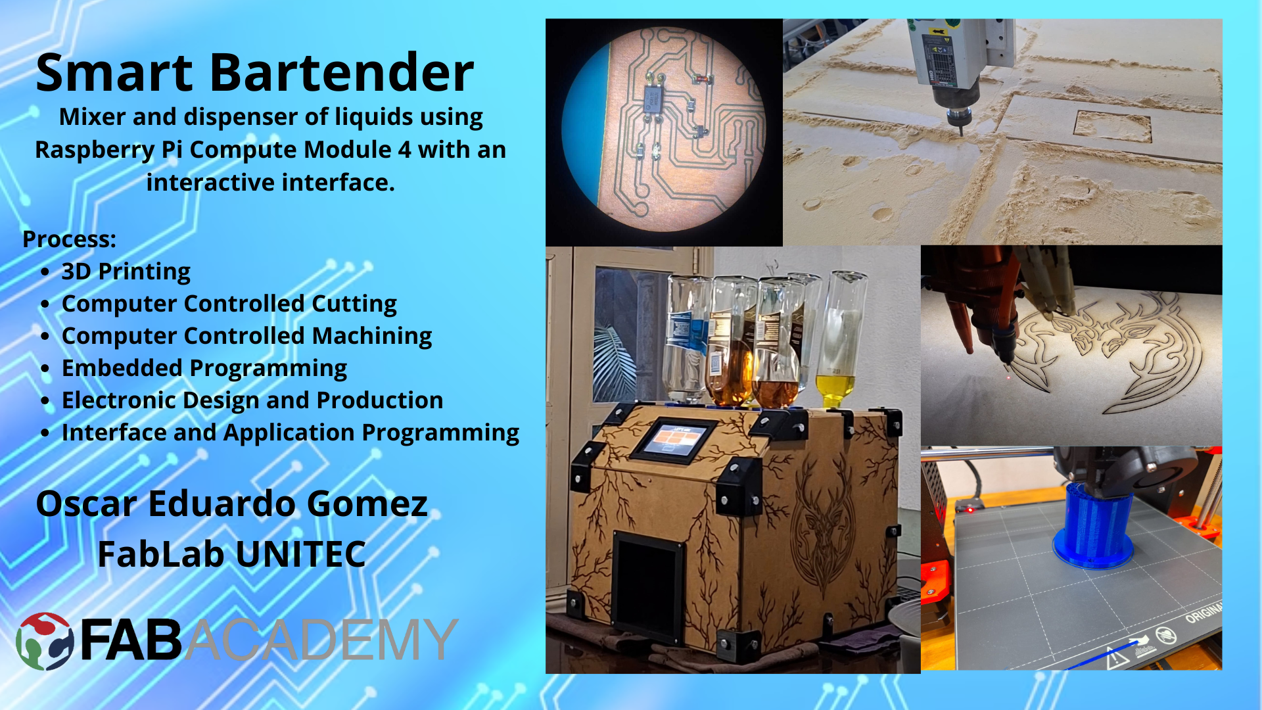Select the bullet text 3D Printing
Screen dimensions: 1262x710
pyautogui.click(x=126, y=272)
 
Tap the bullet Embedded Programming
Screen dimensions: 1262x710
pyautogui.click(x=204, y=368)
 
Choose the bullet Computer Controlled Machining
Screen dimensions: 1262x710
pyautogui.click(x=246, y=336)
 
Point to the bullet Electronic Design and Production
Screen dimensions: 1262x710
pyautogui.click(x=252, y=400)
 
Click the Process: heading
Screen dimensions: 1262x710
pyautogui.click(x=69, y=239)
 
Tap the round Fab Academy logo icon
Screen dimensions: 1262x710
pyautogui.click(x=45, y=641)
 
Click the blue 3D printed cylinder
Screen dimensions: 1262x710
pyautogui.click(x=1092, y=526)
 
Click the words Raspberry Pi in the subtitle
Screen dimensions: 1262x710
pyautogui.click(x=108, y=150)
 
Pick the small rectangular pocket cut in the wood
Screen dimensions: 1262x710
pyautogui.click(x=1112, y=126)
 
